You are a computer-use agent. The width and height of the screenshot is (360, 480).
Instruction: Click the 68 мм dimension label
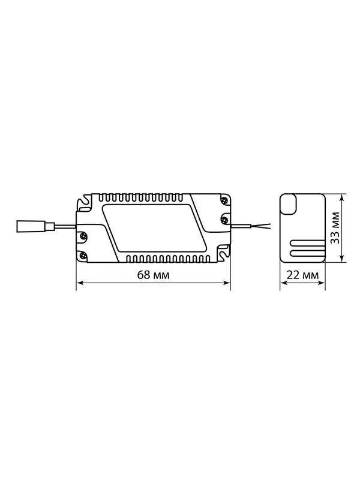(153, 275)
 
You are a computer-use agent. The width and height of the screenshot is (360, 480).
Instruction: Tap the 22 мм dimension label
(302, 275)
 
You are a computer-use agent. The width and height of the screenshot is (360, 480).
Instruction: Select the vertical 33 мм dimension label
(336, 227)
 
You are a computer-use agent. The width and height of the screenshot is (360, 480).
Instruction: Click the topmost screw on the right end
(225, 200)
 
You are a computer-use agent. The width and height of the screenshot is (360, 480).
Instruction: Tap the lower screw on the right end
(225, 218)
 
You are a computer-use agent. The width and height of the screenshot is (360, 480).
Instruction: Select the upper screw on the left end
(82, 235)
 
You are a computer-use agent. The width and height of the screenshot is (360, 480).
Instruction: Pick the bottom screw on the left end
(82, 254)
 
